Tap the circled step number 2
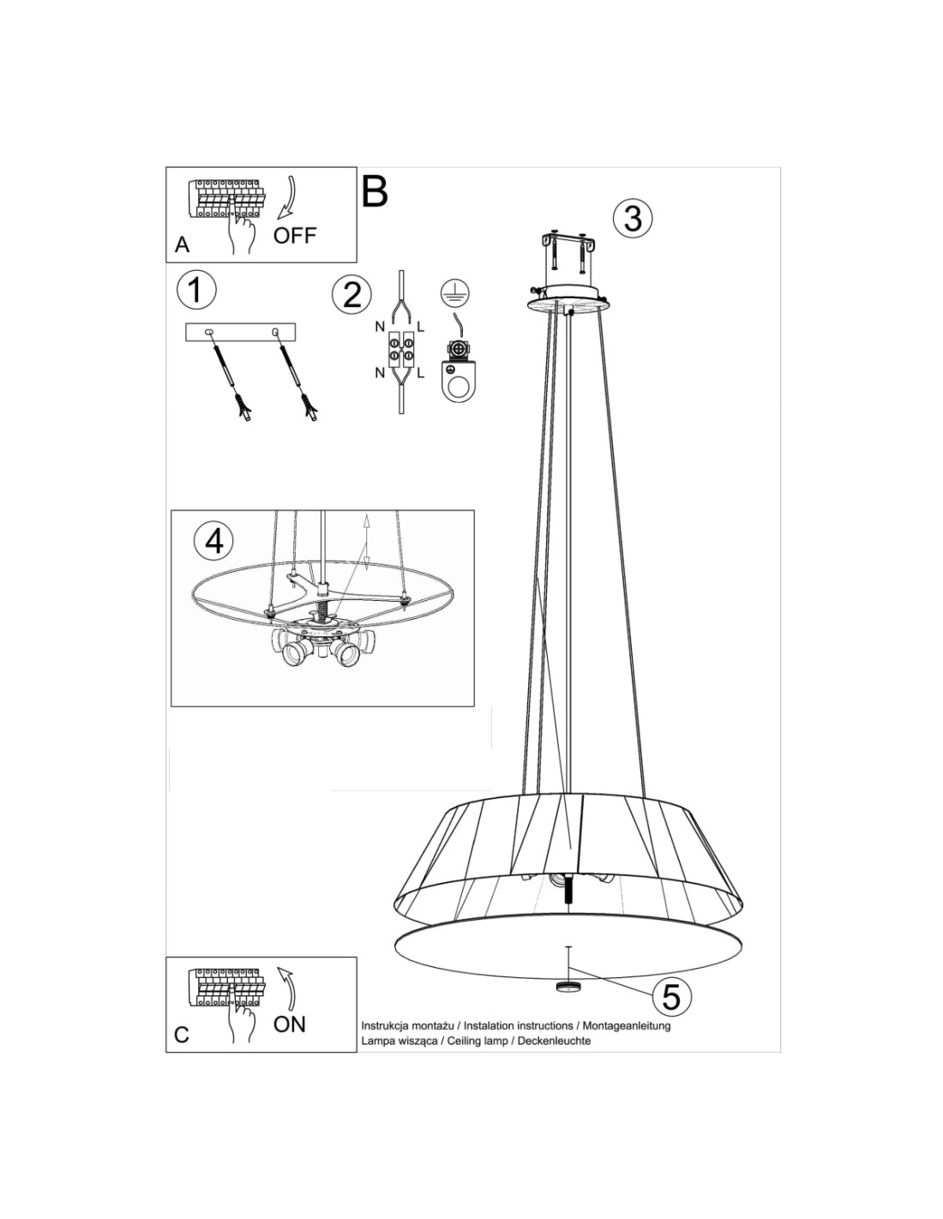[x=351, y=295]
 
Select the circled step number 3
[x=632, y=218]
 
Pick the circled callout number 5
[x=671, y=997]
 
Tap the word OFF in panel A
[x=295, y=236]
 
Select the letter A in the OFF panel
[x=182, y=245]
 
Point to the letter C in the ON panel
[x=181, y=1035]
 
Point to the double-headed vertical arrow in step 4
[x=366, y=542]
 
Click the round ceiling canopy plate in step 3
[x=568, y=301]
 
